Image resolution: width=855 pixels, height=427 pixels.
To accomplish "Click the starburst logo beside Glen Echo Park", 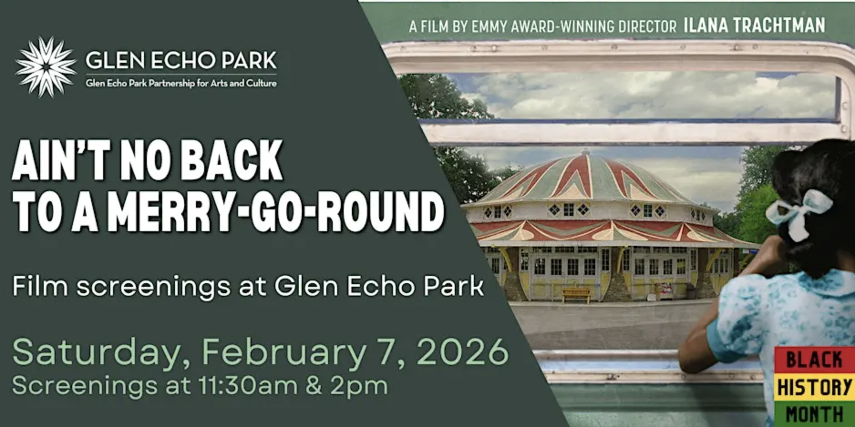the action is tap(46, 67).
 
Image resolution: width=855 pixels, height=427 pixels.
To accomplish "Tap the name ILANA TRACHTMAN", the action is tap(754, 25).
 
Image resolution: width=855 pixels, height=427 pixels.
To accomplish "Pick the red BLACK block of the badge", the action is tap(814, 360).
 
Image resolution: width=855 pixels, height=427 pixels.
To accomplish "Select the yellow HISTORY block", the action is tap(814, 387).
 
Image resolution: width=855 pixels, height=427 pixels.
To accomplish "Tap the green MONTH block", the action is tap(814, 414).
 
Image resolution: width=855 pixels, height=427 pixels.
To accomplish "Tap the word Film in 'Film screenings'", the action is tap(40, 286).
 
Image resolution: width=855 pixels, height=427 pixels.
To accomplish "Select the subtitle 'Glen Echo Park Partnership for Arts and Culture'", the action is tap(181, 83).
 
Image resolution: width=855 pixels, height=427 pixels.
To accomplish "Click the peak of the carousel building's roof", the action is tap(586, 152).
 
